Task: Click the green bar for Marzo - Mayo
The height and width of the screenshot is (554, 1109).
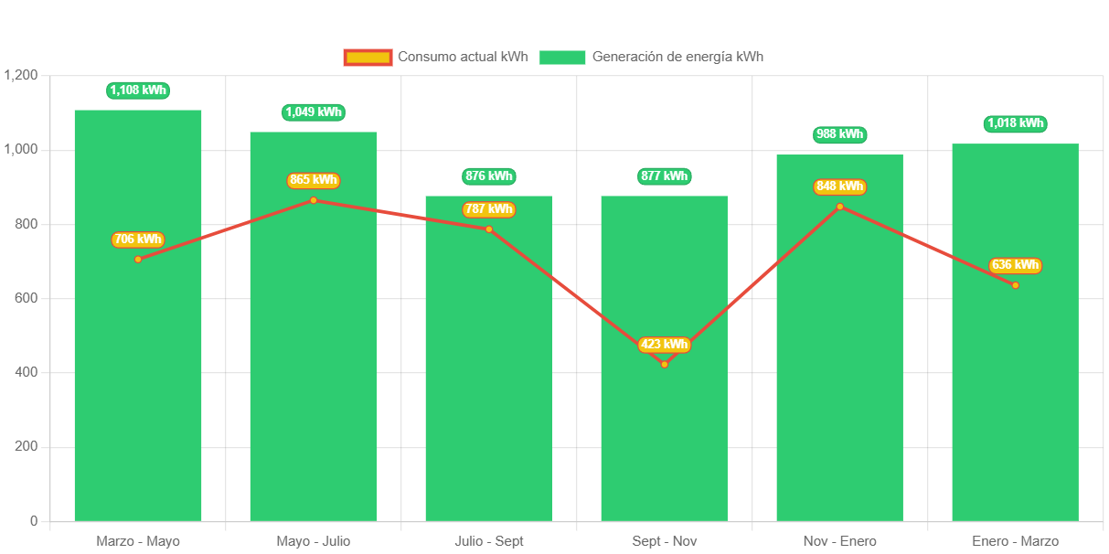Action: point(137,384)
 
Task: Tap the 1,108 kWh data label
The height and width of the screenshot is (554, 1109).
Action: point(138,90)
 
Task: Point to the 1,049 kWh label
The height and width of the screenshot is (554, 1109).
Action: point(314,112)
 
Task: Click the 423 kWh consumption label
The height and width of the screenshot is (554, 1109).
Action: point(664,345)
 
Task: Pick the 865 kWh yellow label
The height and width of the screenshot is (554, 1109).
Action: point(313,180)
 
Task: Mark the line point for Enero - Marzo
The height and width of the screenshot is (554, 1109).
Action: point(1015,285)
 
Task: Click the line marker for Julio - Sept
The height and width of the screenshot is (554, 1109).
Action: point(489,229)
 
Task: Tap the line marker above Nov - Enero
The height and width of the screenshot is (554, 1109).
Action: point(839,207)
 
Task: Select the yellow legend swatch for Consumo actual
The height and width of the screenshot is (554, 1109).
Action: point(368,57)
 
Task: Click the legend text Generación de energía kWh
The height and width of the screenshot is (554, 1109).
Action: point(677,57)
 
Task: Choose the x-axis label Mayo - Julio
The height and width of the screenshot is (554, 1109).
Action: point(313,541)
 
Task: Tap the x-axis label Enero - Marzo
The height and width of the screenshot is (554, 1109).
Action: point(1015,541)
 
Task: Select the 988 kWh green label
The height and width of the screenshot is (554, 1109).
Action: point(839,134)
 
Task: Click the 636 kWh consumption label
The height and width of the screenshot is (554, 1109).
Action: point(1015,265)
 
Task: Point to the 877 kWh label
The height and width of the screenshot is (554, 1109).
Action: point(664,176)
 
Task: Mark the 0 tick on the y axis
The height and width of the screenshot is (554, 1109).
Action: point(34,521)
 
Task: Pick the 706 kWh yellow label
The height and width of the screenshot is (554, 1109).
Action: point(137,240)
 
